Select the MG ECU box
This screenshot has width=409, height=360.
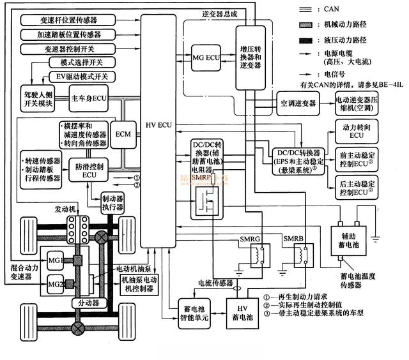point(206,57)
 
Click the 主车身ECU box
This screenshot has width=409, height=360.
point(91,100)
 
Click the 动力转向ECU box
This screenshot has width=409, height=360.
point(353,131)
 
